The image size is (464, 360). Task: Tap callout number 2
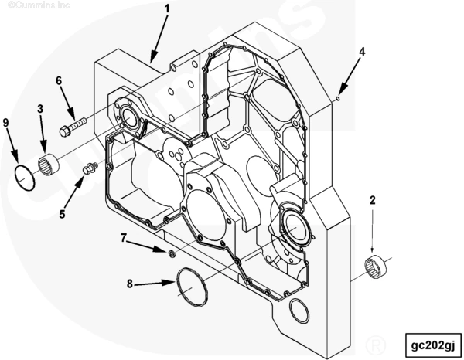[372, 201]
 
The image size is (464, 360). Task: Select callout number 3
[40, 109]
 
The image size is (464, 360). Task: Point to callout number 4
[362, 52]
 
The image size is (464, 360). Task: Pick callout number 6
[59, 80]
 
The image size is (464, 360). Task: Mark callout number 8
[129, 284]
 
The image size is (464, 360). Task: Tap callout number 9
[6, 122]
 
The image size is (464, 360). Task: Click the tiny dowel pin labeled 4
[338, 98]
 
